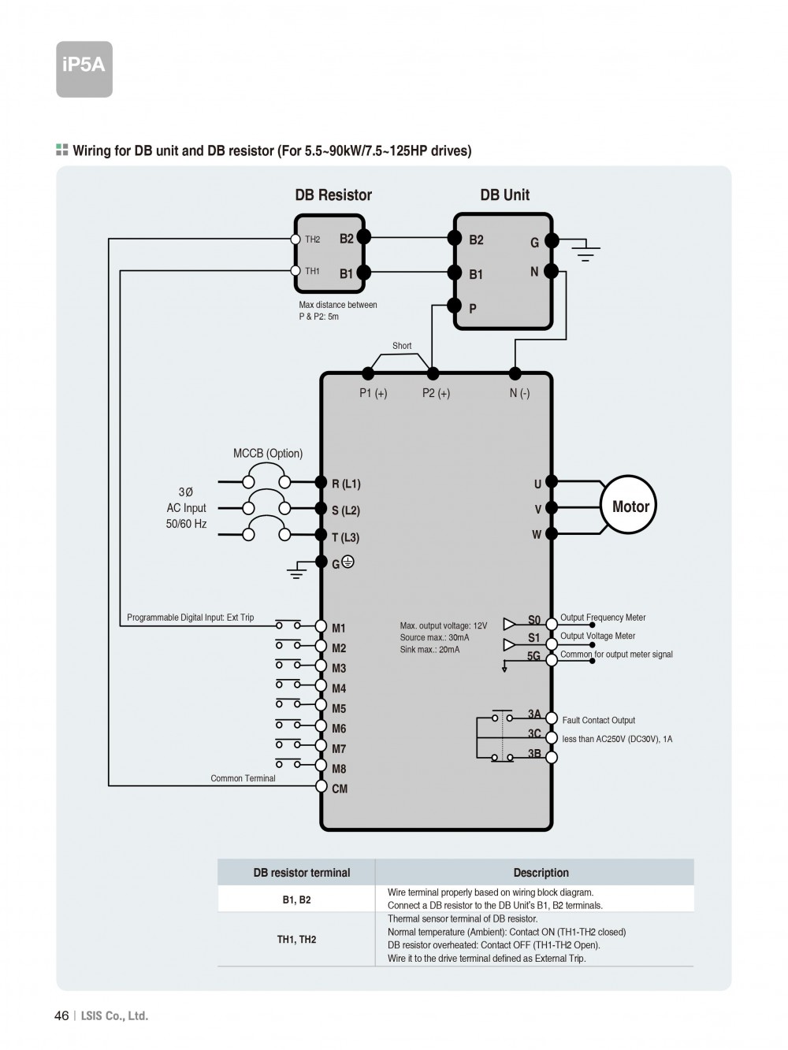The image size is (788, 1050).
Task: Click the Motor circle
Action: point(630,506)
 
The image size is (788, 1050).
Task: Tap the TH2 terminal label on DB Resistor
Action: point(313,239)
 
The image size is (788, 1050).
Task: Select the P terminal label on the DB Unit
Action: point(473,309)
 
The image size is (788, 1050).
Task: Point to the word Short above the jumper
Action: point(402,346)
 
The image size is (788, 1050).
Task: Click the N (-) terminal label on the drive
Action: point(519,393)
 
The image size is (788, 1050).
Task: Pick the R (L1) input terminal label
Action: point(346,484)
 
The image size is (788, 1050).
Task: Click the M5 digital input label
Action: point(339,708)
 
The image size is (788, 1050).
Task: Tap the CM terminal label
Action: point(340,788)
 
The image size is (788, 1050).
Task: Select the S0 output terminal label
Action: point(534,620)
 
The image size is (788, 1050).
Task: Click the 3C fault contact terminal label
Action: point(534,734)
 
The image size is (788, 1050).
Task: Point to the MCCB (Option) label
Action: point(268,453)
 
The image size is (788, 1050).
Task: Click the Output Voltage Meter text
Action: point(597,636)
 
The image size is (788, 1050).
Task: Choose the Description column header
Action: point(541,873)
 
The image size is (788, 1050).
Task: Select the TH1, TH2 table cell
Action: point(296,939)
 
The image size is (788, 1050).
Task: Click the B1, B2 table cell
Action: point(296,900)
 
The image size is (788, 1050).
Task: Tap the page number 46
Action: point(61,1015)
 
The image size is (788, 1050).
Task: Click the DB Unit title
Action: point(505,195)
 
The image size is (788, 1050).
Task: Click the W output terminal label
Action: point(537,535)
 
